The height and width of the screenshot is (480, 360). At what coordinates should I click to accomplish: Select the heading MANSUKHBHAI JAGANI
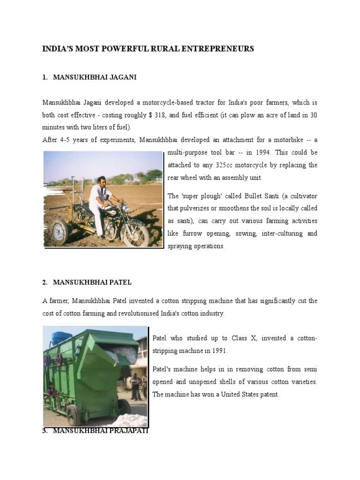[x=95, y=77]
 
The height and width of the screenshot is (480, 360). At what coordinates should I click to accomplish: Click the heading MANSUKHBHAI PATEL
[x=92, y=282]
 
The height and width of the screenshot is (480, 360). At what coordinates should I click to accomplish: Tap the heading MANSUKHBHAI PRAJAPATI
[x=100, y=430]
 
